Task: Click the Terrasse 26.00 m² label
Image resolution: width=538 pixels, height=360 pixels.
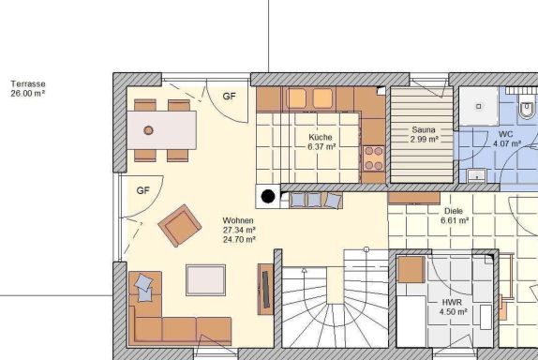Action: [28, 88]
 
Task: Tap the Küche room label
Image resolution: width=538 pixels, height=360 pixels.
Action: [321, 137]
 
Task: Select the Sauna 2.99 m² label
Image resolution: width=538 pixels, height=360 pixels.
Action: [424, 134]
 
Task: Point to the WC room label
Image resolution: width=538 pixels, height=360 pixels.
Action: [505, 134]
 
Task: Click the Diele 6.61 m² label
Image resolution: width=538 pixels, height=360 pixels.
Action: [455, 216]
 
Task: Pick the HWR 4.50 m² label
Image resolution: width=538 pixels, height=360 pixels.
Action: [453, 307]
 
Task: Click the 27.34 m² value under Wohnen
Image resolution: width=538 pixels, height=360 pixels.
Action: [239, 230]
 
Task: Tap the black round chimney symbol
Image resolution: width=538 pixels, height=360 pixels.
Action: [268, 196]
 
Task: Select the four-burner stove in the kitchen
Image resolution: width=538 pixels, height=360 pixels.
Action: [374, 158]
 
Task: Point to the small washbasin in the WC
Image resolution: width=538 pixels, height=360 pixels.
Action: [477, 175]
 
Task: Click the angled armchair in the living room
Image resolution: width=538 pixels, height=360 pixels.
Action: [180, 226]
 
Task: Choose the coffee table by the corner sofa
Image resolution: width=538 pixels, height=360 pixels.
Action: [206, 279]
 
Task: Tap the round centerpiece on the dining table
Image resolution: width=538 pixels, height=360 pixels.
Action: [148, 130]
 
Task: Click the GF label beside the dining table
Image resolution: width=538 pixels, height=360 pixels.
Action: [230, 97]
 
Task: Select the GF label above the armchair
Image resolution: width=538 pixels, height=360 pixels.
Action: [143, 190]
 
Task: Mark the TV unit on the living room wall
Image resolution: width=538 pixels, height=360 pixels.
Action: [265, 289]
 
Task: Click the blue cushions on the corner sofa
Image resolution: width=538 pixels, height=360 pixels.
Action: [144, 288]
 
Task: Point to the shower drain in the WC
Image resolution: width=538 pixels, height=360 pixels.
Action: [479, 106]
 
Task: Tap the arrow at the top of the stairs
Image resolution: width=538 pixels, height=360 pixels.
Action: [304, 271]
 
